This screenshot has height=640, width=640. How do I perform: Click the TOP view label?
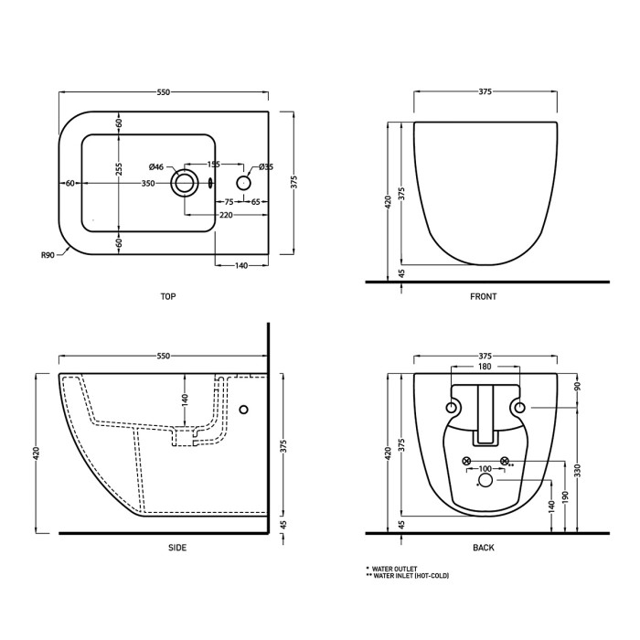[168, 297]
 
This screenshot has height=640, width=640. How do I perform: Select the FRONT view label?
[484, 297]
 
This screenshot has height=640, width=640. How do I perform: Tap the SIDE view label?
[177, 548]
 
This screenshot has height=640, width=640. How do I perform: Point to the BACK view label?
[484, 548]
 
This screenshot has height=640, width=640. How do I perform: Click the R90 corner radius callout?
[48, 255]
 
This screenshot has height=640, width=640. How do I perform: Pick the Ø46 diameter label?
[156, 166]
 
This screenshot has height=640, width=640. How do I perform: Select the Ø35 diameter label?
[266, 166]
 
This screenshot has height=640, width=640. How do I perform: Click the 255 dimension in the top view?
[119, 169]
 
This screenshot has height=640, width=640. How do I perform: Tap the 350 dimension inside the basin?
[148, 184]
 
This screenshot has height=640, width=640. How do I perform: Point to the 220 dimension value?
[226, 215]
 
